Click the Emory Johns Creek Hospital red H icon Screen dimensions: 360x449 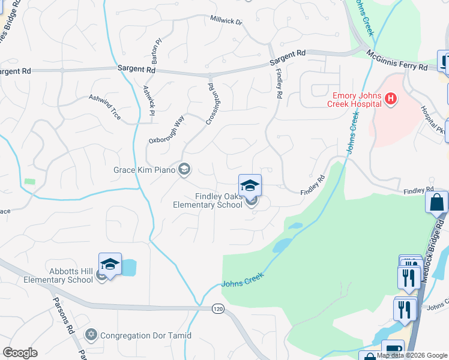tap(391, 98)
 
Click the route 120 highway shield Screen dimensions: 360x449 tap(217, 308)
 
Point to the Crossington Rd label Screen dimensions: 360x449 tap(210, 103)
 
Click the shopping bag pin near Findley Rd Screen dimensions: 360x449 tap(436, 202)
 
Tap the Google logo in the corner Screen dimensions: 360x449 tap(20, 353)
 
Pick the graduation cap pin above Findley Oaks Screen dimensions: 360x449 tap(250, 184)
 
